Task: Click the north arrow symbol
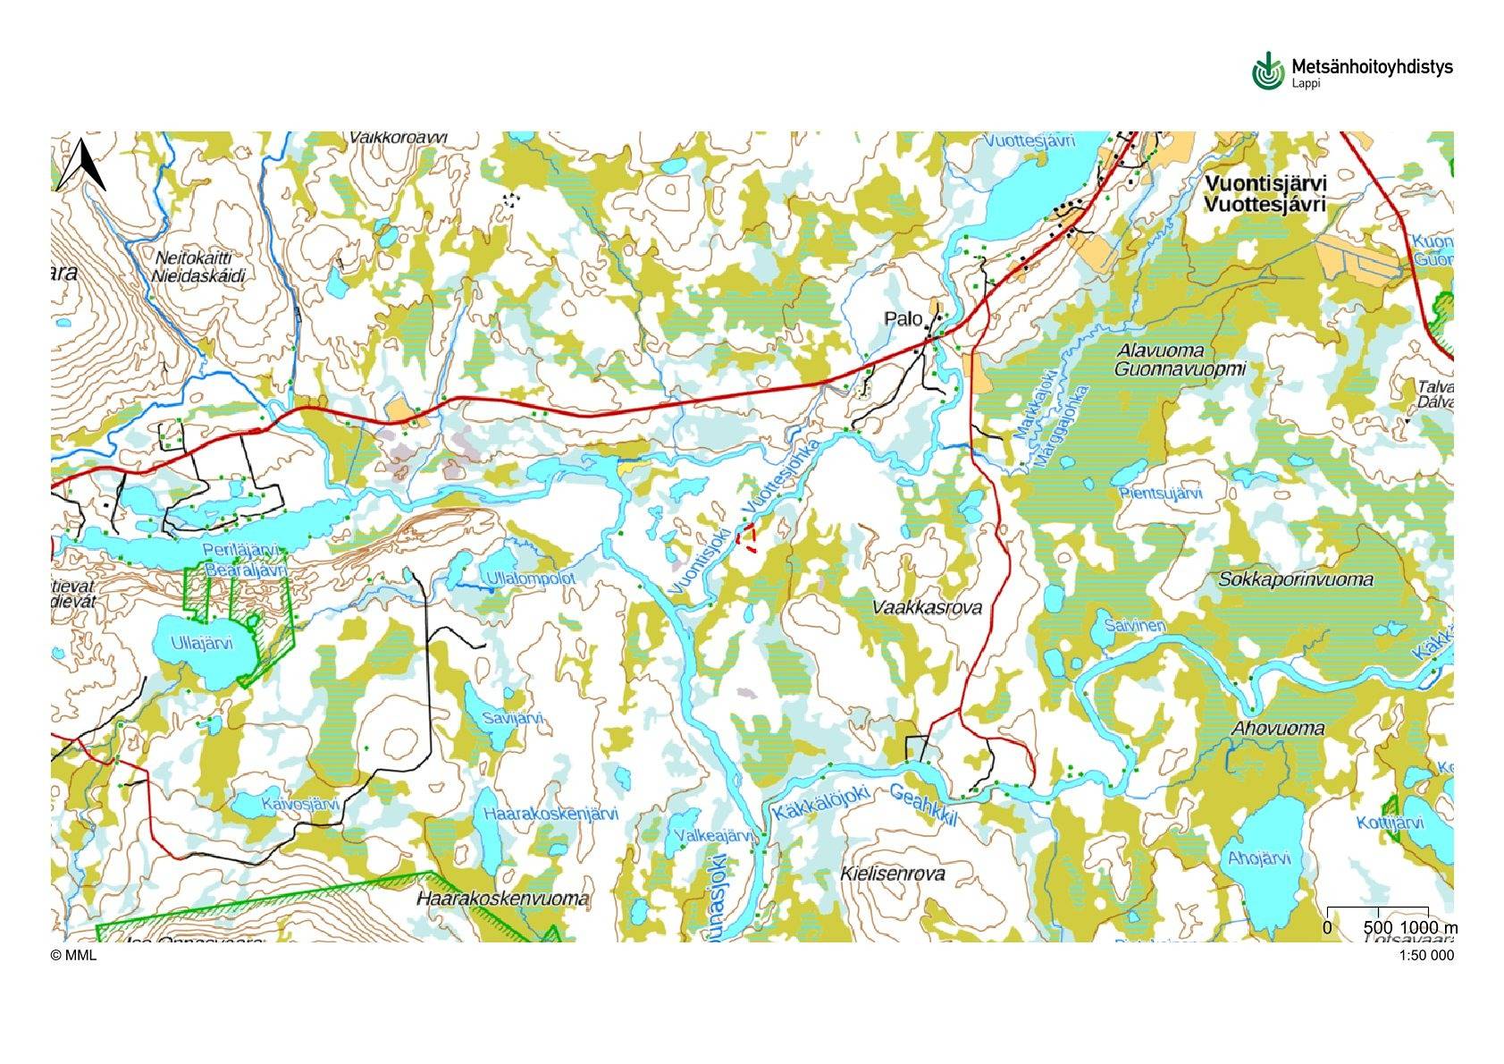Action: click(81, 166)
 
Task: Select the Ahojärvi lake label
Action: click(1259, 858)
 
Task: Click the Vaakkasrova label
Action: click(927, 608)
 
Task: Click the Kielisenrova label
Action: click(893, 874)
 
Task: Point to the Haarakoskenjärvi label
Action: click(550, 814)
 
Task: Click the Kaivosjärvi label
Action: click(301, 804)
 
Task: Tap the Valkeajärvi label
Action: click(712, 835)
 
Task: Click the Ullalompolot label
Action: click(531, 578)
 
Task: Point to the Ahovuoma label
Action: click(1278, 728)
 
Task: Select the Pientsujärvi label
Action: click(1160, 494)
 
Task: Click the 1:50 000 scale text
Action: click(1426, 955)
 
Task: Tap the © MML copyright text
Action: click(73, 955)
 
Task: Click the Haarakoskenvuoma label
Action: click(503, 899)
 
